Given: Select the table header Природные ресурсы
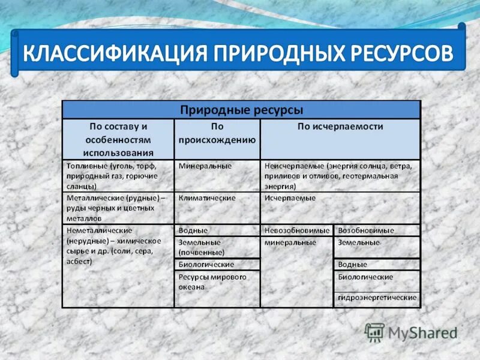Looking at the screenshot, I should click(242, 110).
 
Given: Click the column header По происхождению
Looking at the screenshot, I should click(217, 133).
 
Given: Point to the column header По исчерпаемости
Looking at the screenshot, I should click(340, 127).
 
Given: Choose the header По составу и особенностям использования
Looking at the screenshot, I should click(118, 139).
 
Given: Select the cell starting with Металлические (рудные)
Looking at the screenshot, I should click(112, 208).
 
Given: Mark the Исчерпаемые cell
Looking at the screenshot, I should click(290, 197).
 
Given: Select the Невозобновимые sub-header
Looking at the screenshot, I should click(297, 230).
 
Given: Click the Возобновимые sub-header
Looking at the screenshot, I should click(366, 230).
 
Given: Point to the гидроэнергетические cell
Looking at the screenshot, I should click(377, 298).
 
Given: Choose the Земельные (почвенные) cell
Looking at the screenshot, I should click(202, 247).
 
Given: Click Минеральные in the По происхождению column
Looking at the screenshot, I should click(205, 165).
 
